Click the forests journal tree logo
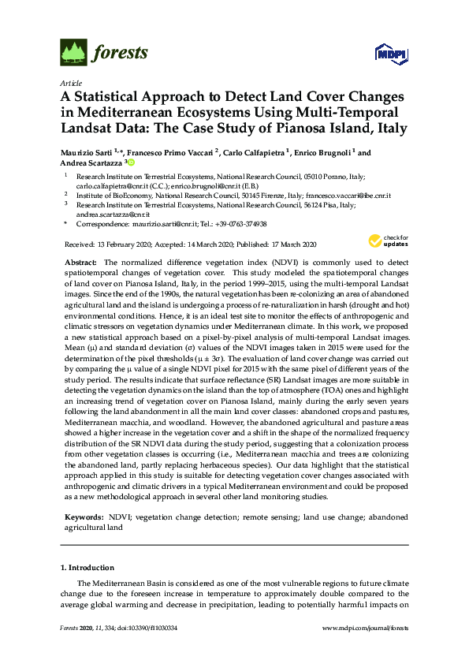[73, 53]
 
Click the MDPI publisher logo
[389, 54]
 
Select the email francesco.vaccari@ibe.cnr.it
[351, 194]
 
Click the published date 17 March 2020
[281, 245]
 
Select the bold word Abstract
[80, 261]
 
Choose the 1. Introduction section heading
[87, 567]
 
